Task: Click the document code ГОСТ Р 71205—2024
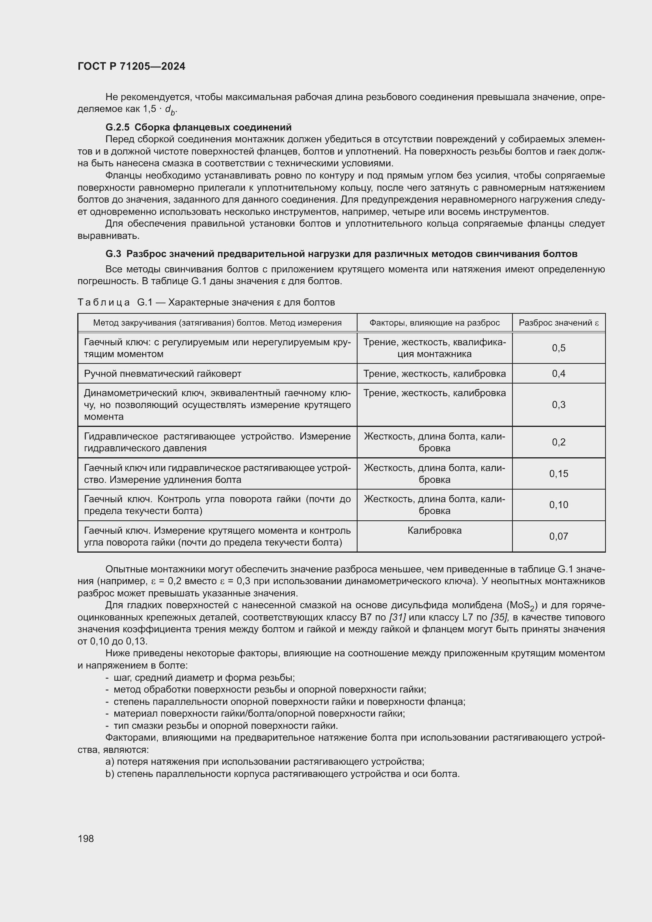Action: click(x=131, y=67)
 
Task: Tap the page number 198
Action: click(x=86, y=838)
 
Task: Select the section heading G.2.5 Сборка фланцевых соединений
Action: click(x=198, y=127)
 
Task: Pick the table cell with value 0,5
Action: click(x=559, y=348)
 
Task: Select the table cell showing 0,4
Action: click(x=559, y=373)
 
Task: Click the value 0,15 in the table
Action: click(x=559, y=474)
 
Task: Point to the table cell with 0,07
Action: click(x=559, y=536)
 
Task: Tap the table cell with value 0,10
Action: click(x=559, y=505)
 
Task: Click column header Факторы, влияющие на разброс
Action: click(x=434, y=323)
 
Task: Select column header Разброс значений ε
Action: click(x=559, y=323)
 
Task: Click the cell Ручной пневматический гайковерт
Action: click(x=162, y=374)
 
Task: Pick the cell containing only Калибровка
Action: click(x=434, y=531)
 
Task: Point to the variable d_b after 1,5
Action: click(x=171, y=110)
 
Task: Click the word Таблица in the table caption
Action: click(x=104, y=302)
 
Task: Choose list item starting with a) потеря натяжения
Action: click(x=265, y=762)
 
